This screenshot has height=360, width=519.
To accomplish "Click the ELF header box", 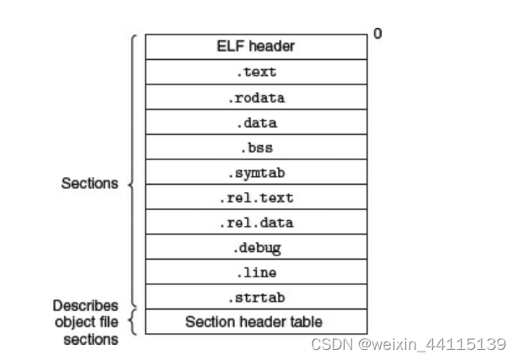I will click(x=255, y=46).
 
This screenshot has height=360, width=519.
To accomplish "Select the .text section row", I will click(x=255, y=72).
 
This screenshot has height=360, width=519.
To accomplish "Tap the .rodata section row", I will click(x=255, y=97).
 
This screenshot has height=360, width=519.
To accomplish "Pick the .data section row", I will click(x=255, y=122).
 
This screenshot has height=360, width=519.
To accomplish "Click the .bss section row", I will click(x=255, y=148).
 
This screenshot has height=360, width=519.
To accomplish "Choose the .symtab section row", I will click(x=255, y=173).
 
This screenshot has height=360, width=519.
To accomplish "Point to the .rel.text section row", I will click(x=255, y=198).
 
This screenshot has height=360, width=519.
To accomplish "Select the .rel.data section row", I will click(x=255, y=223).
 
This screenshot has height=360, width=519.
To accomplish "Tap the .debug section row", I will click(x=255, y=248).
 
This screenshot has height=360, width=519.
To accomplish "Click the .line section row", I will click(x=255, y=273).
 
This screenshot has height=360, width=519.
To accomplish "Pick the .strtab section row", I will click(x=255, y=298).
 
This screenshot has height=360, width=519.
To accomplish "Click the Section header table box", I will click(x=255, y=321).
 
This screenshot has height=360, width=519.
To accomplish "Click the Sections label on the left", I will click(x=89, y=183).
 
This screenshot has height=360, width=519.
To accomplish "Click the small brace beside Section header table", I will click(x=131, y=321).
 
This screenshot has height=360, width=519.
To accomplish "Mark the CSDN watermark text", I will click(x=408, y=344).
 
